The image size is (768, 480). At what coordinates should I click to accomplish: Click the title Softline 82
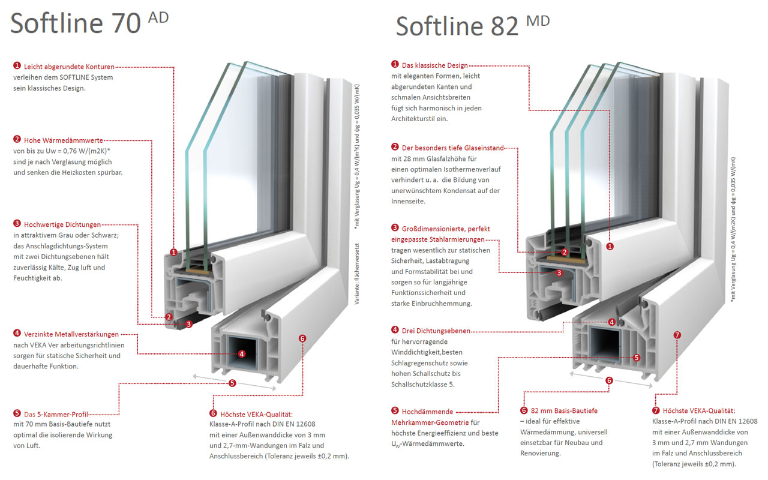(457, 26)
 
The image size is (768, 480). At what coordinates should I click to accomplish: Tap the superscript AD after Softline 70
(158, 17)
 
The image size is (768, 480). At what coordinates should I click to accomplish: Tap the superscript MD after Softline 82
(538, 21)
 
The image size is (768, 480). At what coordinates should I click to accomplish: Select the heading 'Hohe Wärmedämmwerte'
(64, 140)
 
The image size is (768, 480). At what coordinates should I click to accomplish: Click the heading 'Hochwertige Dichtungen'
(62, 224)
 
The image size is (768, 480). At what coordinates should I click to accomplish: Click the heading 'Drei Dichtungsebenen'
(436, 331)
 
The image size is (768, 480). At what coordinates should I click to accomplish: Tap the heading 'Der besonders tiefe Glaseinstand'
(453, 148)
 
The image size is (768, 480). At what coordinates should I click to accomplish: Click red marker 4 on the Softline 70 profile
(241, 354)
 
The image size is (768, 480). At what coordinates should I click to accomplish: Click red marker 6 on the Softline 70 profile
(302, 338)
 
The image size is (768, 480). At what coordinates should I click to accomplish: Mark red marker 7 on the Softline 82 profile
(677, 335)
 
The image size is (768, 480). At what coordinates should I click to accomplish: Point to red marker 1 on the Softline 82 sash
(610, 246)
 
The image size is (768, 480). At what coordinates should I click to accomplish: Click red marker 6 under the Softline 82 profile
(609, 380)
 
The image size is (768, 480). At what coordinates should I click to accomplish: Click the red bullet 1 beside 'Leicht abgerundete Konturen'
(17, 66)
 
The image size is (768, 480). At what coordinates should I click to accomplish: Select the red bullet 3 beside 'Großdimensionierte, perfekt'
(395, 228)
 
